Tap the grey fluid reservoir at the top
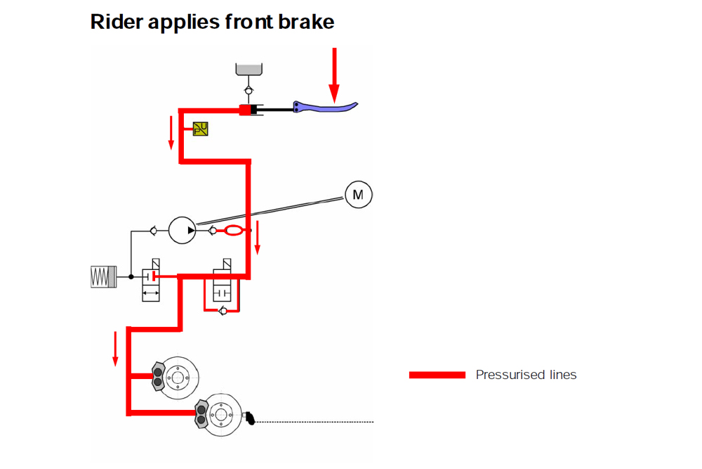pyautogui.click(x=248, y=68)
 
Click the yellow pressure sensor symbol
pyautogui.click(x=200, y=129)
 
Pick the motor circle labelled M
pyautogui.click(x=358, y=194)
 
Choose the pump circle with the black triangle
pyautogui.click(x=183, y=230)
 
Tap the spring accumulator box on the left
pyautogui.click(x=102, y=276)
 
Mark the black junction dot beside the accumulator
pyautogui.click(x=131, y=276)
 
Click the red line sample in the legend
pyautogui.click(x=437, y=375)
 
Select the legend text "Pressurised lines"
pyautogui.click(x=526, y=375)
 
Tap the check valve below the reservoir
pyautogui.click(x=248, y=91)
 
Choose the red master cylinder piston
pyautogui.click(x=245, y=110)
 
